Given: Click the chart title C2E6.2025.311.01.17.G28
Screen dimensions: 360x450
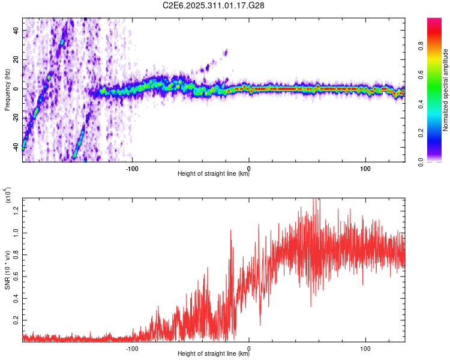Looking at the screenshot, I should pos(214,5).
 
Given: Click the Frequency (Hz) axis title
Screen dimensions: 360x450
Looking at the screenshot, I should pos(7,89).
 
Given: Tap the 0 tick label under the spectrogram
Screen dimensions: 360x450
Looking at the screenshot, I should pos(250,168).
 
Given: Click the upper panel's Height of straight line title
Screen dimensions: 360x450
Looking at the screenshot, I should pos(214,175).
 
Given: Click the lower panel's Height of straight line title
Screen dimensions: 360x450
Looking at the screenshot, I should pos(214,354).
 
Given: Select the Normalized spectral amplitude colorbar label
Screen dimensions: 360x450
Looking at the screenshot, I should pos(446,90).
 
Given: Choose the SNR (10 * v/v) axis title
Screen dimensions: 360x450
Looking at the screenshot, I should pos(7,270).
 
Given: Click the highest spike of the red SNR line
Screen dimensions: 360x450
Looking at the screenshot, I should pos(314,199).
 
